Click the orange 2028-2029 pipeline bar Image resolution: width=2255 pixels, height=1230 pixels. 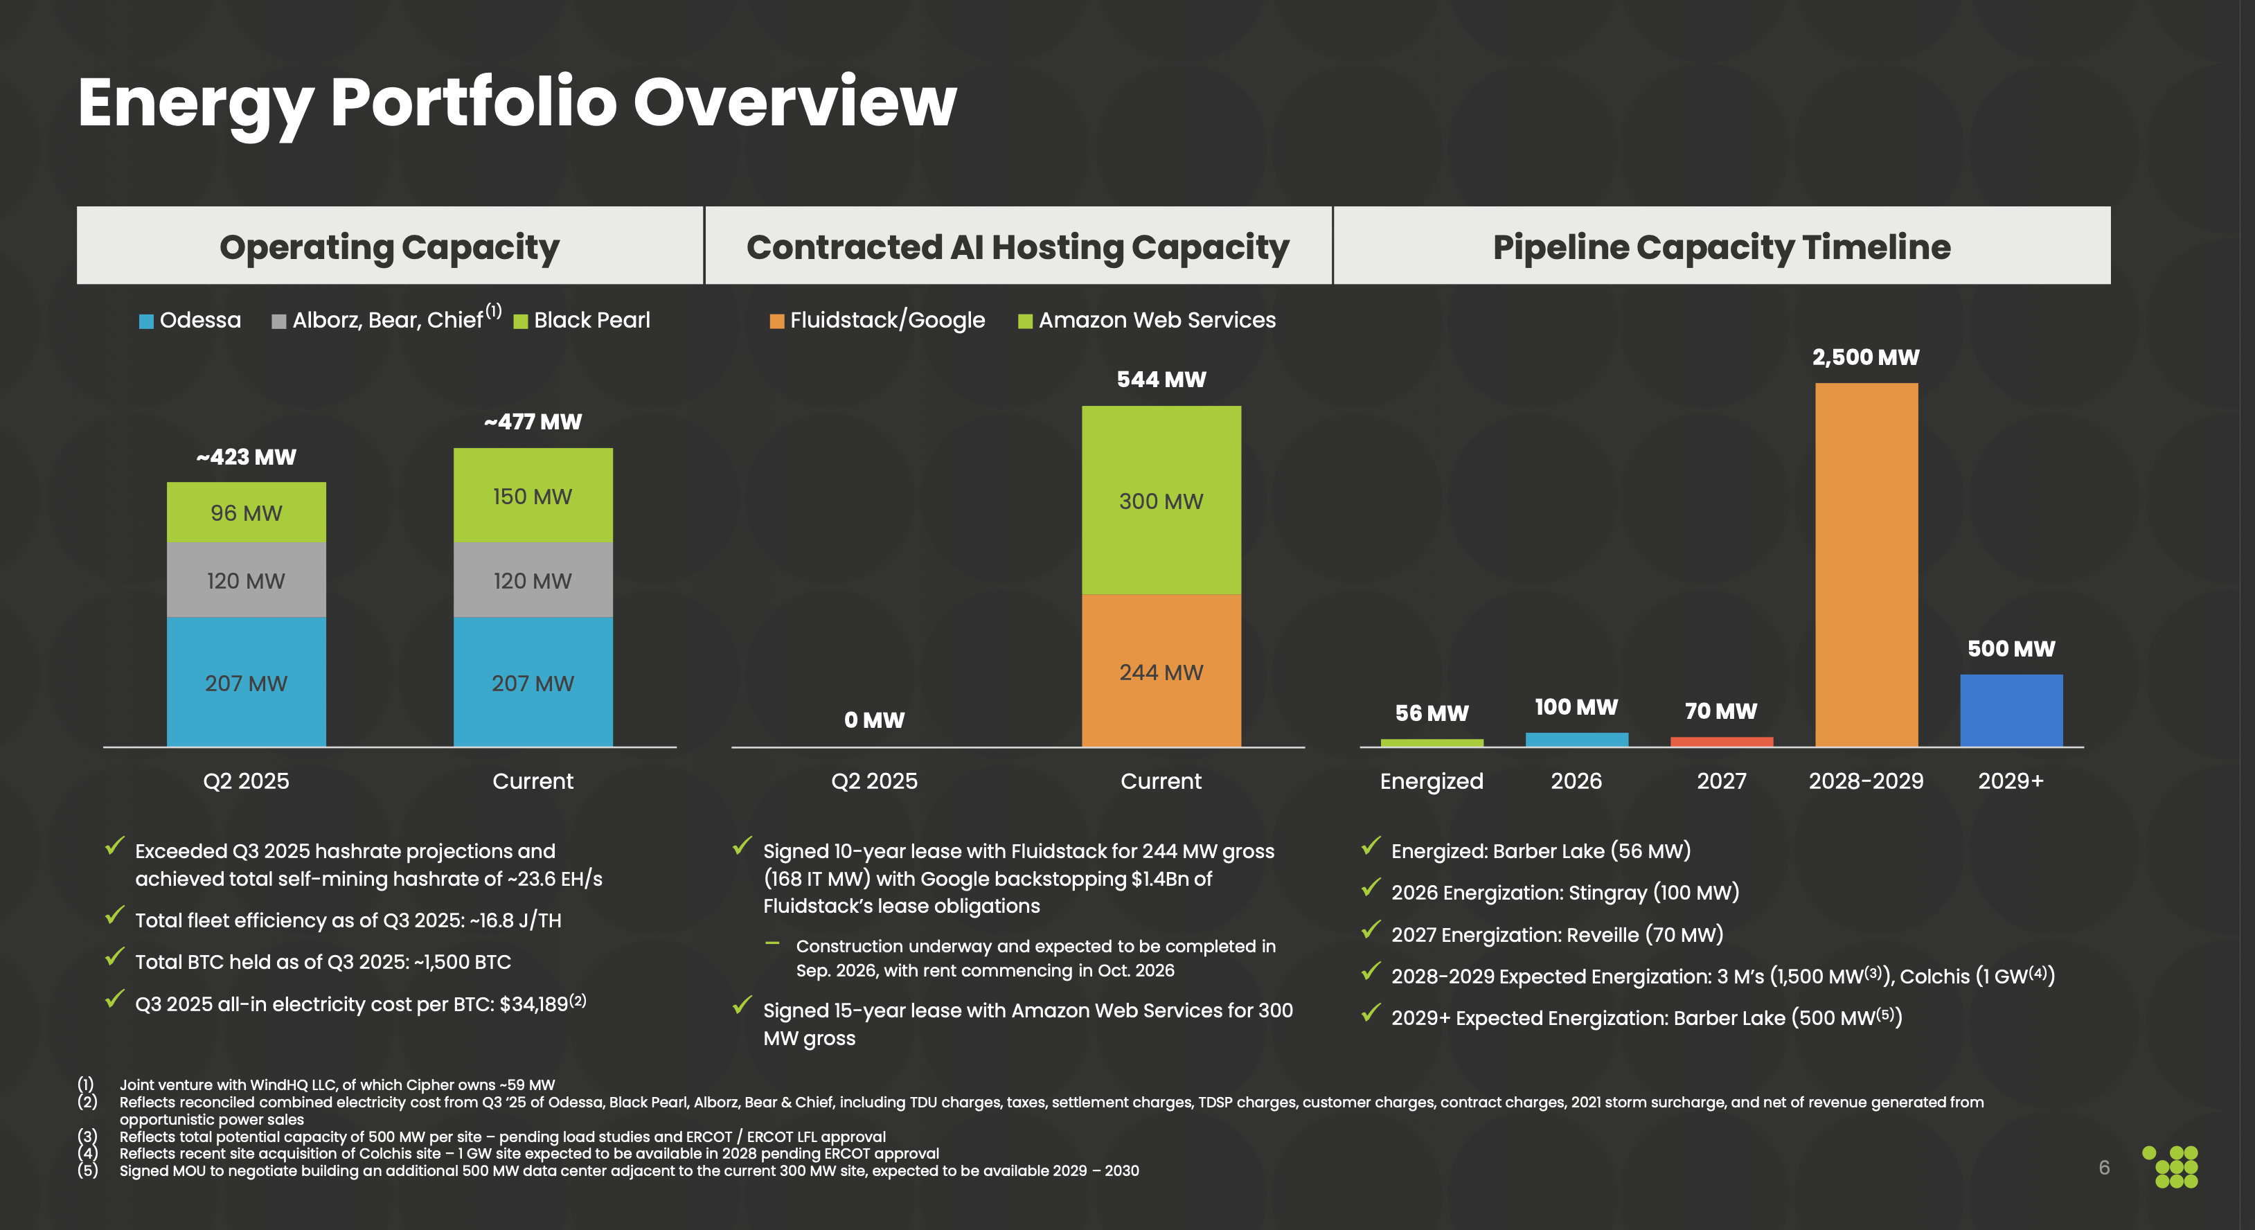(1866, 564)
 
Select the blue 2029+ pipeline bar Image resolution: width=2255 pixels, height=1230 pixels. (2011, 710)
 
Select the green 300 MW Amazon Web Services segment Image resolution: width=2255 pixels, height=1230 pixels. (1161, 500)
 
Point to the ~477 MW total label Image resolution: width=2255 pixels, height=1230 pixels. (532, 422)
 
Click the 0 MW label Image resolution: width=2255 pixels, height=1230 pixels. (873, 720)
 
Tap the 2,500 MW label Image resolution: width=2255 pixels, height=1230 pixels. (1866, 357)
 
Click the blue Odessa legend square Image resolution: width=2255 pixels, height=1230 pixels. (146, 321)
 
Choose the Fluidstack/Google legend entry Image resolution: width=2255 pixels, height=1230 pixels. (877, 321)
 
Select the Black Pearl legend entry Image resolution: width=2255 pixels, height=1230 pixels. (582, 321)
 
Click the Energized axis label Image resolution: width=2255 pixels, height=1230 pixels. (1432, 781)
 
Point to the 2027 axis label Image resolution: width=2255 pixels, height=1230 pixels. (1721, 781)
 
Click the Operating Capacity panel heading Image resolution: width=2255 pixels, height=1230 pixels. (389, 247)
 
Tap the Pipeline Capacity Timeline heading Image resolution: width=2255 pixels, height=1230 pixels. (1721, 247)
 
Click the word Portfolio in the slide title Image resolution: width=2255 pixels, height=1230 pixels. (474, 102)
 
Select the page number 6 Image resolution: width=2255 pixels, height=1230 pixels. (2103, 1167)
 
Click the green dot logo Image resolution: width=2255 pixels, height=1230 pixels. (2171, 1166)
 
